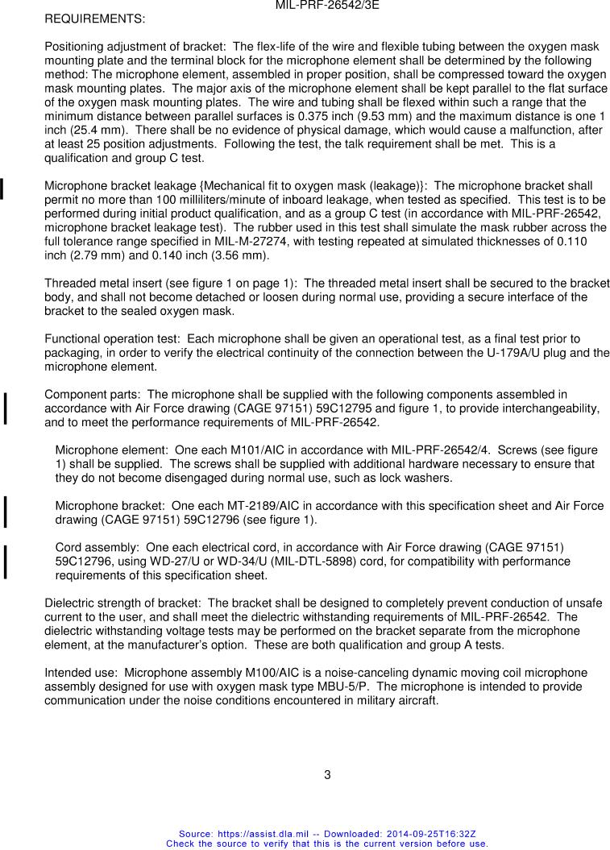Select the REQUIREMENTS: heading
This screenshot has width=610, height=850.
coord(94,18)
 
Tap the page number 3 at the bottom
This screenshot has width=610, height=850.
coord(327,775)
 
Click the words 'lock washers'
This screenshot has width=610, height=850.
coord(419,478)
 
